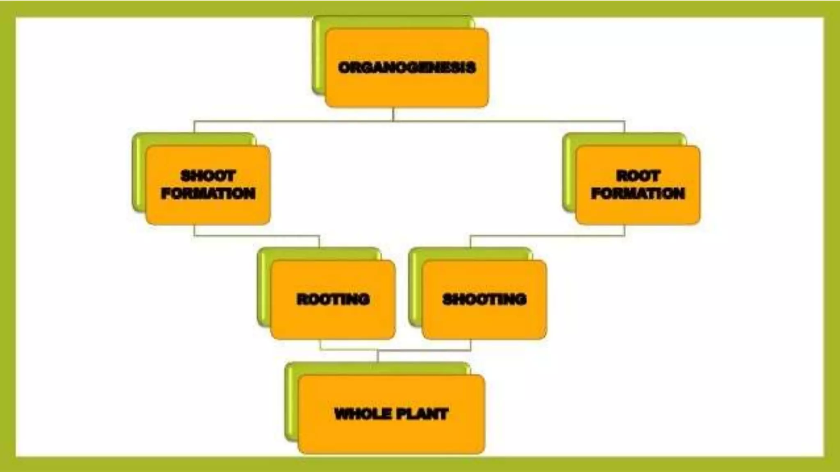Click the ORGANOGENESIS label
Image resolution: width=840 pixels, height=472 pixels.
pos(407,68)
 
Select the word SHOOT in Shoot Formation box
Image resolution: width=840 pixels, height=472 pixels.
pos(208,176)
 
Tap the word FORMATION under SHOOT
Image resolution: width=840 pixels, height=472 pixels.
pos(208,193)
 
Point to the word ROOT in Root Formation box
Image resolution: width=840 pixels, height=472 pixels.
pos(638,176)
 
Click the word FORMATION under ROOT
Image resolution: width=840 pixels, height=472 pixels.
pos(638,193)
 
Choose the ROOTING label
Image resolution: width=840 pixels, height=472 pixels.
pos(333,299)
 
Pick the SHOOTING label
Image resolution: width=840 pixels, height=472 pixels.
pos(484,299)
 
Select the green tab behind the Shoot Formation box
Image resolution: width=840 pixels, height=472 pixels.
pos(139,172)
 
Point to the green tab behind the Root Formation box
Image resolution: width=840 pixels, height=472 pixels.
pos(569,172)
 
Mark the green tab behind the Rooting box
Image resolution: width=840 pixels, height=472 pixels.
pos(264,287)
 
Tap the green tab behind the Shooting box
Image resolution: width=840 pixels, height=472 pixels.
pos(415,287)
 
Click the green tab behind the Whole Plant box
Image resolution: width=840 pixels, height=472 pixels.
pos(291,402)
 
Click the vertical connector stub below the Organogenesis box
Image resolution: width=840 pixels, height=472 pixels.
pos(393,114)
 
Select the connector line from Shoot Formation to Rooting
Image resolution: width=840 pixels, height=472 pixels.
pos(256,236)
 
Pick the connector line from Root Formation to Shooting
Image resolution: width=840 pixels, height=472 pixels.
pos(548,236)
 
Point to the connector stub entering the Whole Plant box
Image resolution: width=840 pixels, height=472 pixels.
pos(378,356)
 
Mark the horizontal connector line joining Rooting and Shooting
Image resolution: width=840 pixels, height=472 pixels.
pos(427,350)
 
